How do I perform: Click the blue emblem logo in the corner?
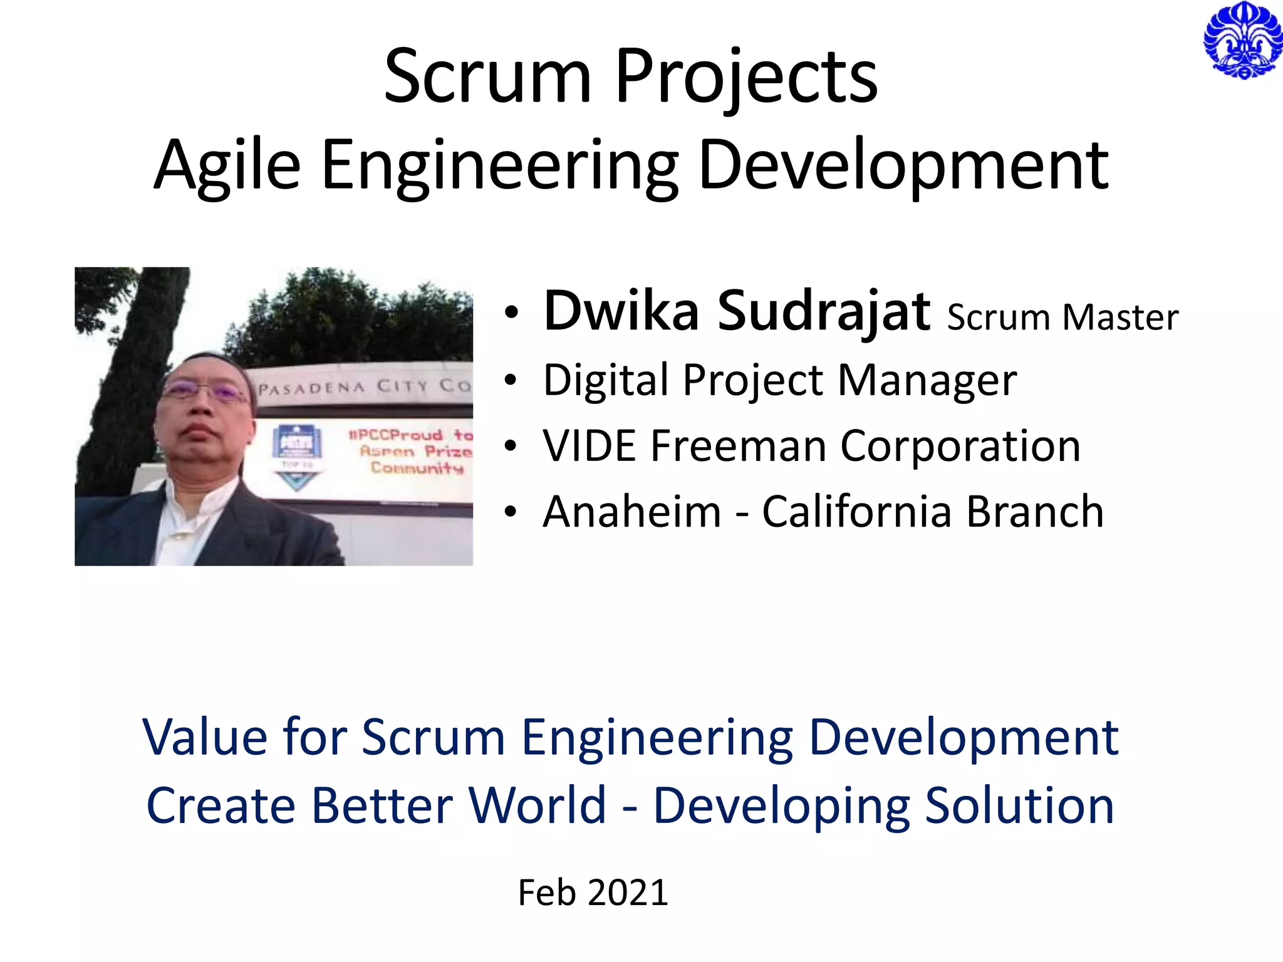pyautogui.click(x=1242, y=40)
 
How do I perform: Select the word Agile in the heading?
pyautogui.click(x=227, y=166)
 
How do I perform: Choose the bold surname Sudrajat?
pyautogui.click(x=823, y=311)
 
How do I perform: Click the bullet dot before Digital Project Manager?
pyautogui.click(x=511, y=380)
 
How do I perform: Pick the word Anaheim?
pyautogui.click(x=631, y=512)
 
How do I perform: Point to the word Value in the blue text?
pyautogui.click(x=205, y=737)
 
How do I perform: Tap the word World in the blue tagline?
pyautogui.click(x=538, y=805)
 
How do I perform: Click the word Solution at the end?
pyautogui.click(x=1019, y=805)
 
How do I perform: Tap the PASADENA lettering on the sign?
pyautogui.click(x=311, y=388)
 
